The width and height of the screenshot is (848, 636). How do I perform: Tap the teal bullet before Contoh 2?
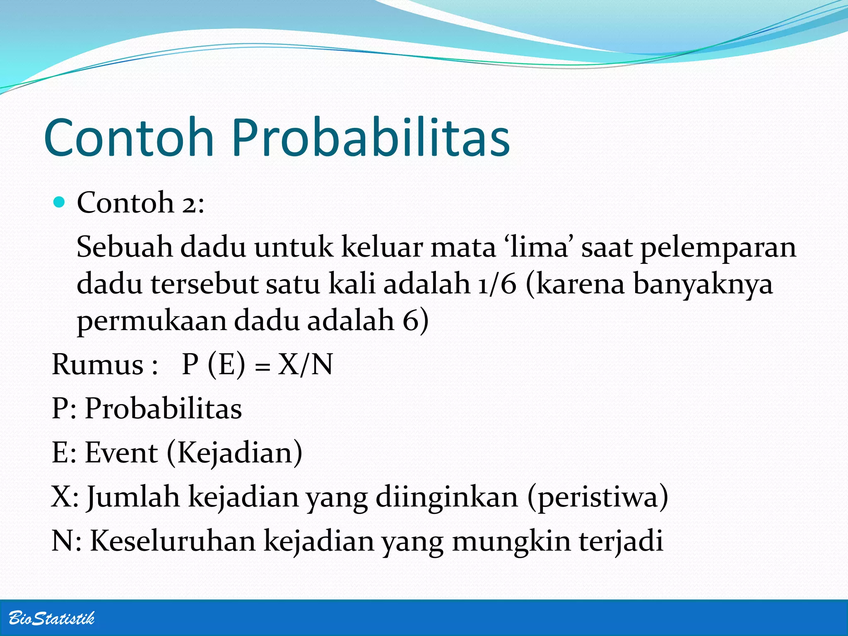(x=60, y=202)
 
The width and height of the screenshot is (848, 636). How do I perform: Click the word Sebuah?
(x=124, y=247)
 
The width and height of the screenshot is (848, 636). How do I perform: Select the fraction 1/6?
(x=497, y=284)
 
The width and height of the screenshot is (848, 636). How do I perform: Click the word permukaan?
(x=152, y=321)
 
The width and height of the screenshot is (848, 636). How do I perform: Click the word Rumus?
(x=98, y=365)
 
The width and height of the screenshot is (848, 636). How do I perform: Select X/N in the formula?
(x=305, y=365)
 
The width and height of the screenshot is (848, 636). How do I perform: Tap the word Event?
(x=121, y=452)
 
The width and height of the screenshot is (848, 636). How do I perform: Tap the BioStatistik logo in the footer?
(x=51, y=618)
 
